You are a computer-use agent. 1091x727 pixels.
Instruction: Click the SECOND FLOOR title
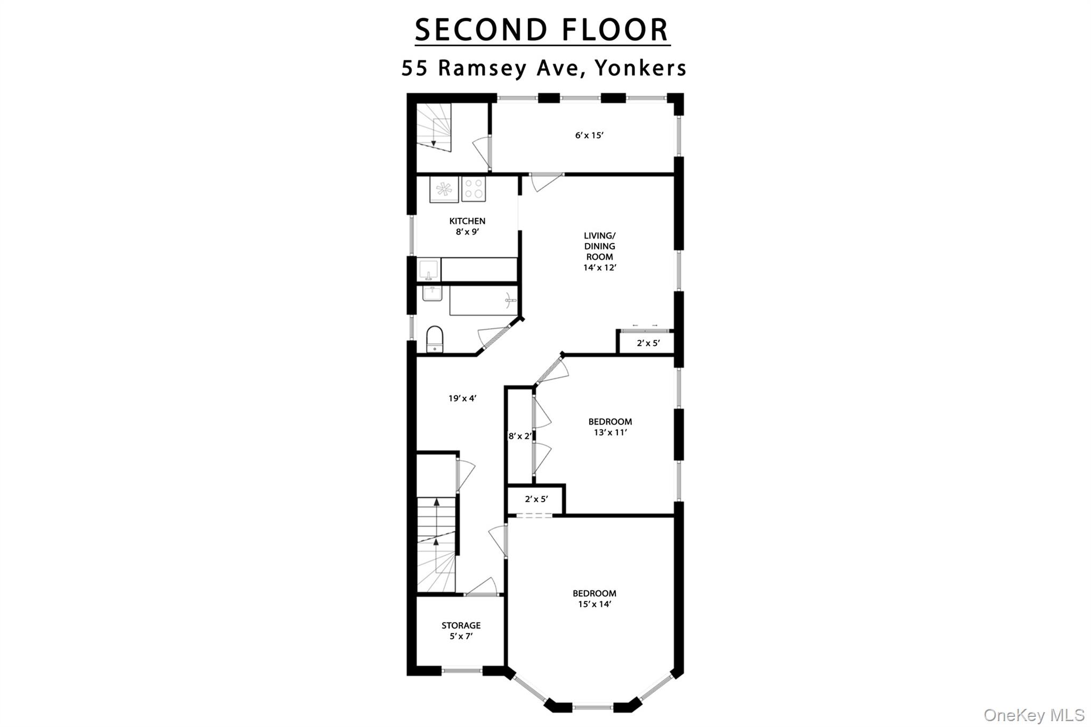click(x=542, y=30)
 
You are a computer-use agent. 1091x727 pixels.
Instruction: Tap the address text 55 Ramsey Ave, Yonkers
click(x=544, y=68)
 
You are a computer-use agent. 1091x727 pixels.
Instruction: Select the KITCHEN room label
click(x=467, y=221)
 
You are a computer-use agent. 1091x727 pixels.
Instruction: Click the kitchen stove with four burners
click(x=474, y=189)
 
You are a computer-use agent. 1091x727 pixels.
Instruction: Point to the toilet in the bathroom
click(x=435, y=339)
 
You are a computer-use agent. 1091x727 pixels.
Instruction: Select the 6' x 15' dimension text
click(x=589, y=135)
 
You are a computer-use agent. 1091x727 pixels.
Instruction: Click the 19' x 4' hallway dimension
click(x=462, y=398)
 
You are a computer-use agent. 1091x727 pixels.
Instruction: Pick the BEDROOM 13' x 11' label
click(x=610, y=427)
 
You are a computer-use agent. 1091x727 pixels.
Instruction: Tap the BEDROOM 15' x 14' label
click(x=595, y=599)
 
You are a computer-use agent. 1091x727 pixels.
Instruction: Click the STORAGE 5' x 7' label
click(x=461, y=631)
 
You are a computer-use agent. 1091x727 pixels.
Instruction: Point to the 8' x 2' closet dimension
click(x=520, y=436)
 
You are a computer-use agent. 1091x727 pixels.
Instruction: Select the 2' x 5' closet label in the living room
click(x=648, y=344)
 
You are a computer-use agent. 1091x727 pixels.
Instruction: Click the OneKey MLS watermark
click(x=1034, y=715)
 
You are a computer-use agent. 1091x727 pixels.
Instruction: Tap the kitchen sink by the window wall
click(x=429, y=269)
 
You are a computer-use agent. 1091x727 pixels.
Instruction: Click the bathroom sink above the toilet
click(x=432, y=293)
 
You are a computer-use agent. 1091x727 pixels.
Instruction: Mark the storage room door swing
click(x=481, y=586)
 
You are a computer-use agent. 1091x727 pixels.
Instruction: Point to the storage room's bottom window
click(x=462, y=671)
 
